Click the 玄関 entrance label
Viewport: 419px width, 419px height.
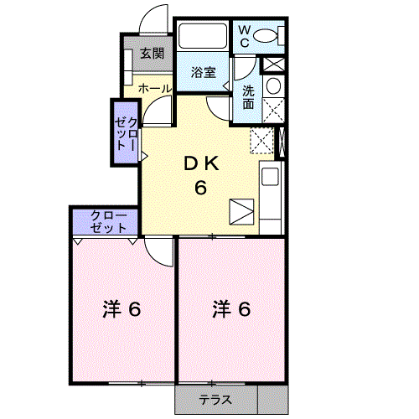click(x=151, y=54)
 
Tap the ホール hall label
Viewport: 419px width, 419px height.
click(x=154, y=88)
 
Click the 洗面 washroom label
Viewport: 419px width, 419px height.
click(x=250, y=97)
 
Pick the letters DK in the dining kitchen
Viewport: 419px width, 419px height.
click(x=201, y=164)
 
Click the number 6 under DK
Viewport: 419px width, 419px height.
click(x=201, y=188)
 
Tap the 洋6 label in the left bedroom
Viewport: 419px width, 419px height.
click(x=121, y=309)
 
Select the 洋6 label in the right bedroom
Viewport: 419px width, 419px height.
click(x=231, y=309)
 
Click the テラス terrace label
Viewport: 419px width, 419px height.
click(x=215, y=400)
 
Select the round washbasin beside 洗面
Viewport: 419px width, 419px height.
click(x=272, y=85)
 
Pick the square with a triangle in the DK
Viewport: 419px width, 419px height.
click(x=241, y=211)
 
